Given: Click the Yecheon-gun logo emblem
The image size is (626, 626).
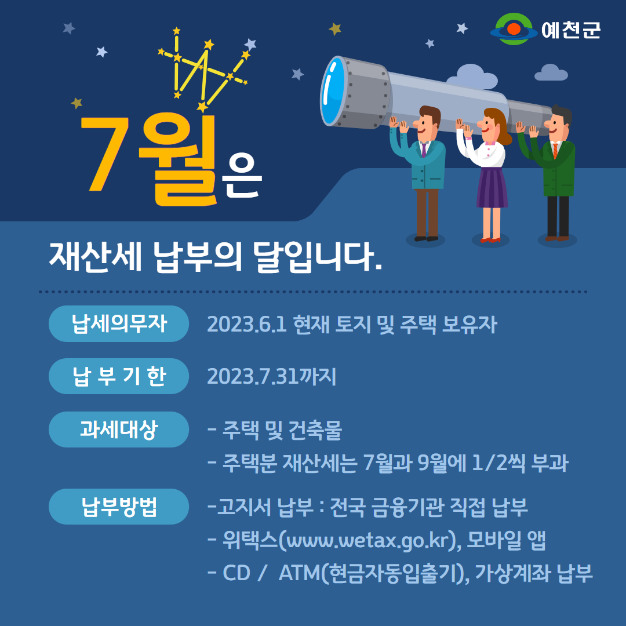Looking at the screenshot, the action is click(x=514, y=29).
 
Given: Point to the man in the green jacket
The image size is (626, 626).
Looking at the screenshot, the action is click(x=549, y=174).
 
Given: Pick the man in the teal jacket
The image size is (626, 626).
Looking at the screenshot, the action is click(x=419, y=174).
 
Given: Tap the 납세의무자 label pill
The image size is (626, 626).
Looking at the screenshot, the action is click(x=119, y=323).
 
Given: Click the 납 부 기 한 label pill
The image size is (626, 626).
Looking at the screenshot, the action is click(x=119, y=376).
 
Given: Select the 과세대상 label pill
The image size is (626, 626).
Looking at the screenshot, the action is click(x=119, y=429).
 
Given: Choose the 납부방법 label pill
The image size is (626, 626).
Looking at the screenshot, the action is click(x=119, y=506).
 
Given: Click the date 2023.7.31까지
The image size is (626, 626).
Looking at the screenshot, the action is click(x=271, y=376).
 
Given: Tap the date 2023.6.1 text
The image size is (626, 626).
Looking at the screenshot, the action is click(x=247, y=324).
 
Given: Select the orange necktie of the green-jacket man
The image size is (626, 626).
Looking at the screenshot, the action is click(x=555, y=151).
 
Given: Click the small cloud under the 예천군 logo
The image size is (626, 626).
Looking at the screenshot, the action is click(x=551, y=72).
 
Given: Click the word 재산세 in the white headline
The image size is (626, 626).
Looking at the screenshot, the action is click(x=95, y=257).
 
